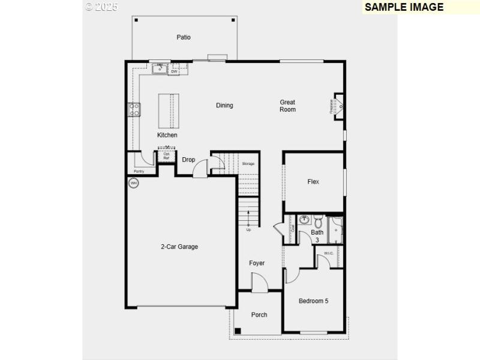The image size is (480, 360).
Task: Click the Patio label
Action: tap(184, 37)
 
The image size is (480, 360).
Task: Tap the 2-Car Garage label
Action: tap(179, 247)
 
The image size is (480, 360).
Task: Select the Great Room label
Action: tap(287, 106)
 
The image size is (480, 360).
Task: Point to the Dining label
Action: tap(224, 106)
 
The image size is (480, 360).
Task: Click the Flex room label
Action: tap(313, 182)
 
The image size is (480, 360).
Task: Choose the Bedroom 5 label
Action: tap(313, 301)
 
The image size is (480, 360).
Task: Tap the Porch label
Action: tap(259, 315)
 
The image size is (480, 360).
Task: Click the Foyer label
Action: tap(257, 263)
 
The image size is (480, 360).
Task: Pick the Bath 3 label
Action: tap(317, 236)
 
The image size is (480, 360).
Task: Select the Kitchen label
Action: tap(167, 135)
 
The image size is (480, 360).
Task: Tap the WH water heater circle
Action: tap(134, 183)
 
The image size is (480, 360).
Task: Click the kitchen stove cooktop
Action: tap(134, 109)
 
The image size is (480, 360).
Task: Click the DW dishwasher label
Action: tap(174, 71)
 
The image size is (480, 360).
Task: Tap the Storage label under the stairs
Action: tap(248, 164)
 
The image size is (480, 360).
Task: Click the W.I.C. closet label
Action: tap(329, 253)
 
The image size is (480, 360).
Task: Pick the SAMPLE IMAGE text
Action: tap(404, 7)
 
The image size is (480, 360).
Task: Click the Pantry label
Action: tap(139, 171)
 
